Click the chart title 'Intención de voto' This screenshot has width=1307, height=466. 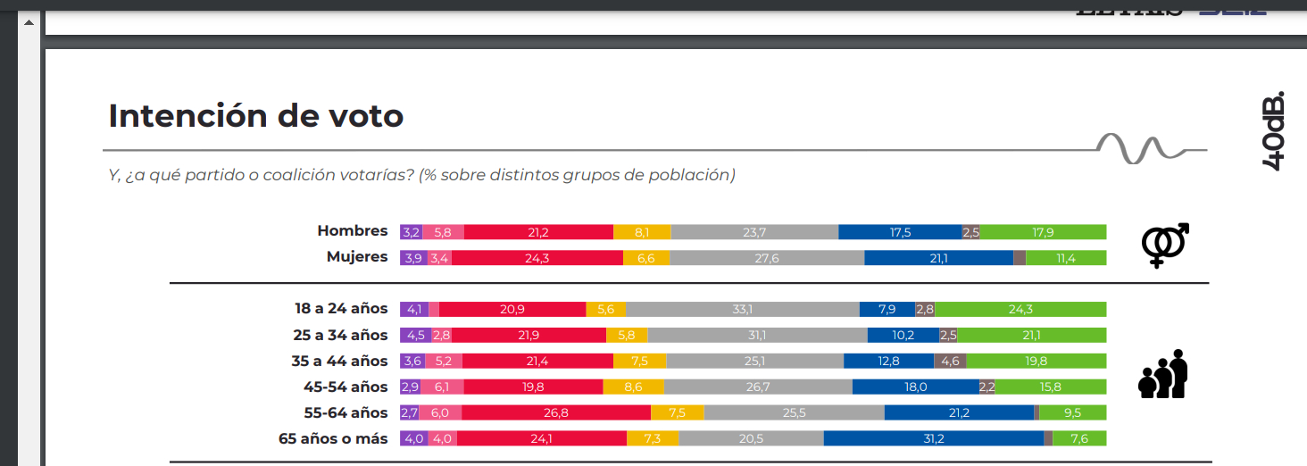[x=256, y=116]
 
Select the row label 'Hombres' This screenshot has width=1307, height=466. [x=353, y=231]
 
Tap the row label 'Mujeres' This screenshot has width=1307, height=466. [x=357, y=257]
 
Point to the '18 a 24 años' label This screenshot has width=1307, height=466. [x=342, y=309]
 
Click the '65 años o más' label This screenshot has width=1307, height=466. [x=334, y=438]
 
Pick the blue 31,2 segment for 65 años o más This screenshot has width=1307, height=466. [x=933, y=438]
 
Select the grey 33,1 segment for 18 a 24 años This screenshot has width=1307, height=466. [x=743, y=309]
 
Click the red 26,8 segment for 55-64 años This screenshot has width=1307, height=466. [x=556, y=412]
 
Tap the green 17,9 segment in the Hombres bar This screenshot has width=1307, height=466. [x=1043, y=232]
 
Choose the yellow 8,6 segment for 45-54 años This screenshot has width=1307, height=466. [x=633, y=387]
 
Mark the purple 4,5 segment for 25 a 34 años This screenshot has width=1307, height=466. [x=415, y=335]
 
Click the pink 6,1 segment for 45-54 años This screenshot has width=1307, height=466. [x=442, y=387]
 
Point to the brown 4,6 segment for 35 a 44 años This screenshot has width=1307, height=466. [x=950, y=361]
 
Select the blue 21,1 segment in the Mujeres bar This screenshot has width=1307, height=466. [x=938, y=258]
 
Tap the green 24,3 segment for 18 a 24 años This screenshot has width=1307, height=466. [x=1020, y=309]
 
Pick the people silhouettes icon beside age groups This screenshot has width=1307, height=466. [x=1163, y=374]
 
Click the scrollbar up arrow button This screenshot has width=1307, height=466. [x=28, y=22]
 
